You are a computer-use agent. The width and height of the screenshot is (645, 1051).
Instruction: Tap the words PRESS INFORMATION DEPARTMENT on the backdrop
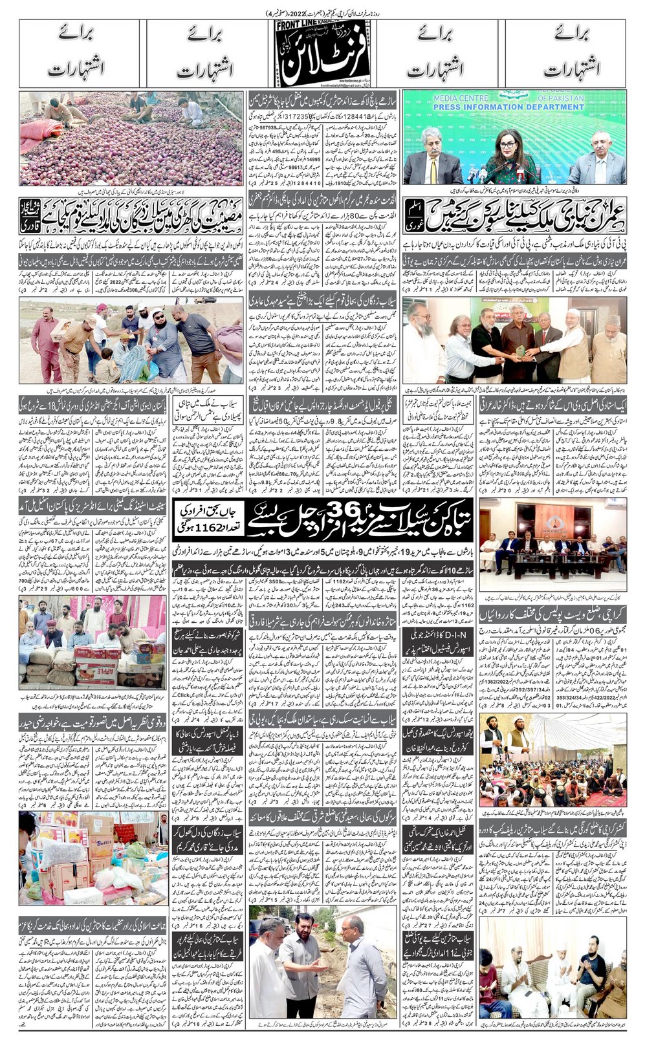tap(514, 107)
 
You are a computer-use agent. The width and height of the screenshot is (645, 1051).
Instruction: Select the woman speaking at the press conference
tap(505, 155)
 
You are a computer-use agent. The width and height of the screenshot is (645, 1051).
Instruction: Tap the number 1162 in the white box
tap(199, 528)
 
